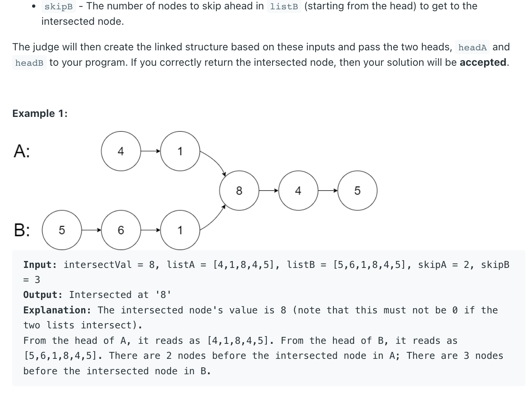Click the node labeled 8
point(239,190)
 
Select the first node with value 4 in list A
point(121,151)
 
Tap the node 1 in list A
point(180,151)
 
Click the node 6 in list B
point(121,230)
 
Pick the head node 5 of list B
point(62,230)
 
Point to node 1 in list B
point(180,230)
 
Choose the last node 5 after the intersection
point(357,190)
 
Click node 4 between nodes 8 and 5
point(298,190)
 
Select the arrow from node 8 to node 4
point(268,190)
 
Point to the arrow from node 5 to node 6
point(91,230)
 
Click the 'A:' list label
point(22,151)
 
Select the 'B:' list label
point(22,230)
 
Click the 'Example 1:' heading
point(40,113)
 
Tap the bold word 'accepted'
point(483,63)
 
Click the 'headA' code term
point(472,47)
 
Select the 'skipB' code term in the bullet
point(58,7)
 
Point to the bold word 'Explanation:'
point(57,310)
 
